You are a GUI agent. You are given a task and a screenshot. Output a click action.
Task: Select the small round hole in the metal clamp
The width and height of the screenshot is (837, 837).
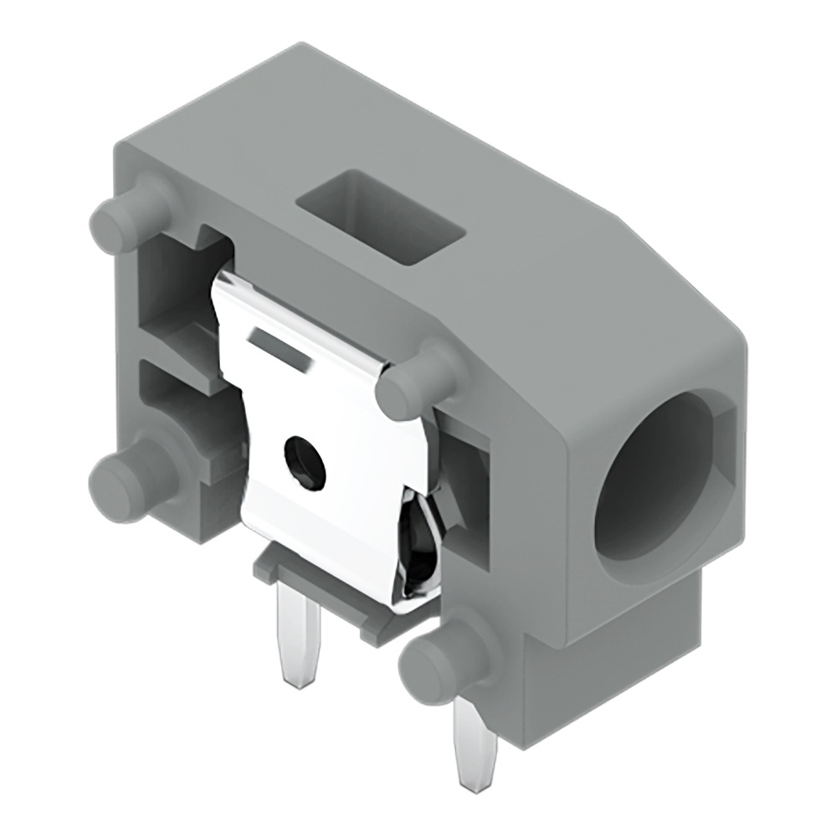click(x=305, y=461)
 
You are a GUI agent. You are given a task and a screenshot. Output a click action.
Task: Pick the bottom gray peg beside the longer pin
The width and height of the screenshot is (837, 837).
click(x=441, y=661)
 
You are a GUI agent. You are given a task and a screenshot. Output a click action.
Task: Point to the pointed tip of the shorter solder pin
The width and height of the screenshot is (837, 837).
click(x=298, y=683)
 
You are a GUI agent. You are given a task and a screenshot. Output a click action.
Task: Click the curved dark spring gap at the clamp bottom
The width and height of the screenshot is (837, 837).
click(x=418, y=544)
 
